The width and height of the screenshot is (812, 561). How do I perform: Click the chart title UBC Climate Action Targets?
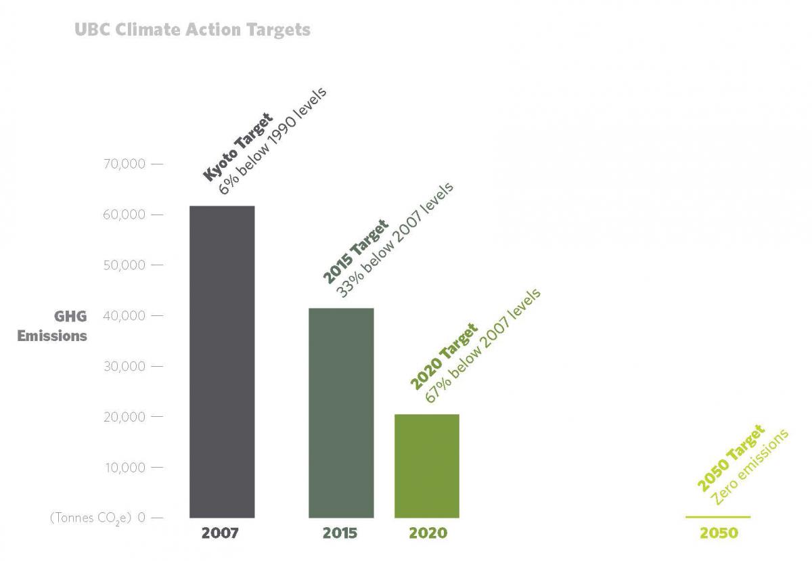[x=192, y=30]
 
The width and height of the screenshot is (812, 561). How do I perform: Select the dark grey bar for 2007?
[x=222, y=361]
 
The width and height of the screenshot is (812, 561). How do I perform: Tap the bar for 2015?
[x=341, y=413]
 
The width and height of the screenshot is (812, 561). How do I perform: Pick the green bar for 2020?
[x=427, y=466]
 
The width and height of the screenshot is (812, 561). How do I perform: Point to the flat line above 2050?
[x=718, y=517]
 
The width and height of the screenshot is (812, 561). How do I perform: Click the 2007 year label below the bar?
[x=220, y=533]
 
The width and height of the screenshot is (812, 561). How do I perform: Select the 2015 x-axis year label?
[x=340, y=533]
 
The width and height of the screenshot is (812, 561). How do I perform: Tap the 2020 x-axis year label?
[x=428, y=533]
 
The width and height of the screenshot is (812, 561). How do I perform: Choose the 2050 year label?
[x=719, y=533]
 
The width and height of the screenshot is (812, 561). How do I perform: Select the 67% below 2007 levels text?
[x=483, y=346]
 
